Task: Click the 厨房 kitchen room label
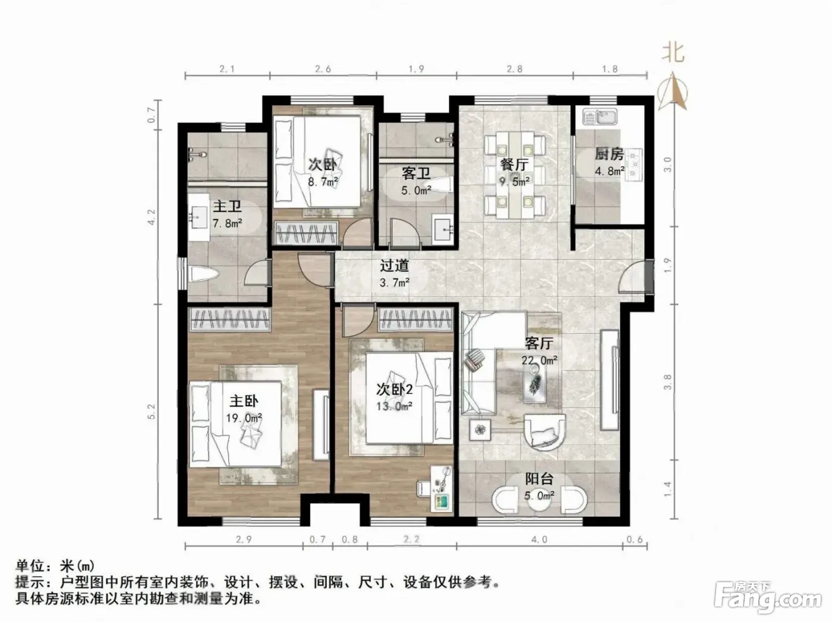609,154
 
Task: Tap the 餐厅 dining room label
515,165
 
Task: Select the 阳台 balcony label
539,479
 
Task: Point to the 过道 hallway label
394,266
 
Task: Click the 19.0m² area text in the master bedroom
244,418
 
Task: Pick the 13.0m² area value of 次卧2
394,406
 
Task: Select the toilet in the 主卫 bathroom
204,274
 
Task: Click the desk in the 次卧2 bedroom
442,490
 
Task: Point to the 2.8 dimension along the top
515,69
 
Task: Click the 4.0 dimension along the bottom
539,539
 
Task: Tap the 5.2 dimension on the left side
152,411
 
